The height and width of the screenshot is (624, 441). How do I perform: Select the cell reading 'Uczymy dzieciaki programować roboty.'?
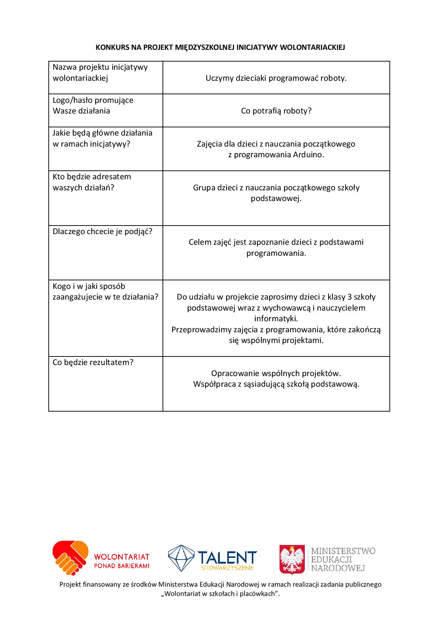276,78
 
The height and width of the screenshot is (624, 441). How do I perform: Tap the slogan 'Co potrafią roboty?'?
276,111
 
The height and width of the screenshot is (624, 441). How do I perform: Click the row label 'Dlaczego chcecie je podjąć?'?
102,232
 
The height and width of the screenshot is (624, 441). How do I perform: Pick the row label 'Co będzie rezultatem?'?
93,363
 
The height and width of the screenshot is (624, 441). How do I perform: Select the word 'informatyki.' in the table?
276,319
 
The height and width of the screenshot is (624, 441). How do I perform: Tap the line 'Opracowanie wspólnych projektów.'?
276,374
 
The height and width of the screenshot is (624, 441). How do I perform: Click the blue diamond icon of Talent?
181,558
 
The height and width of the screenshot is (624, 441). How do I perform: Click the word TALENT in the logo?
227,557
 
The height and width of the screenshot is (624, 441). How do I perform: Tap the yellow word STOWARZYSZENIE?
227,568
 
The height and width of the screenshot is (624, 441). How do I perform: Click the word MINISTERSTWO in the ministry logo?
343,551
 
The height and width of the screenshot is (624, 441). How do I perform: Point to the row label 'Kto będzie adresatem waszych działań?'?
92,182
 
